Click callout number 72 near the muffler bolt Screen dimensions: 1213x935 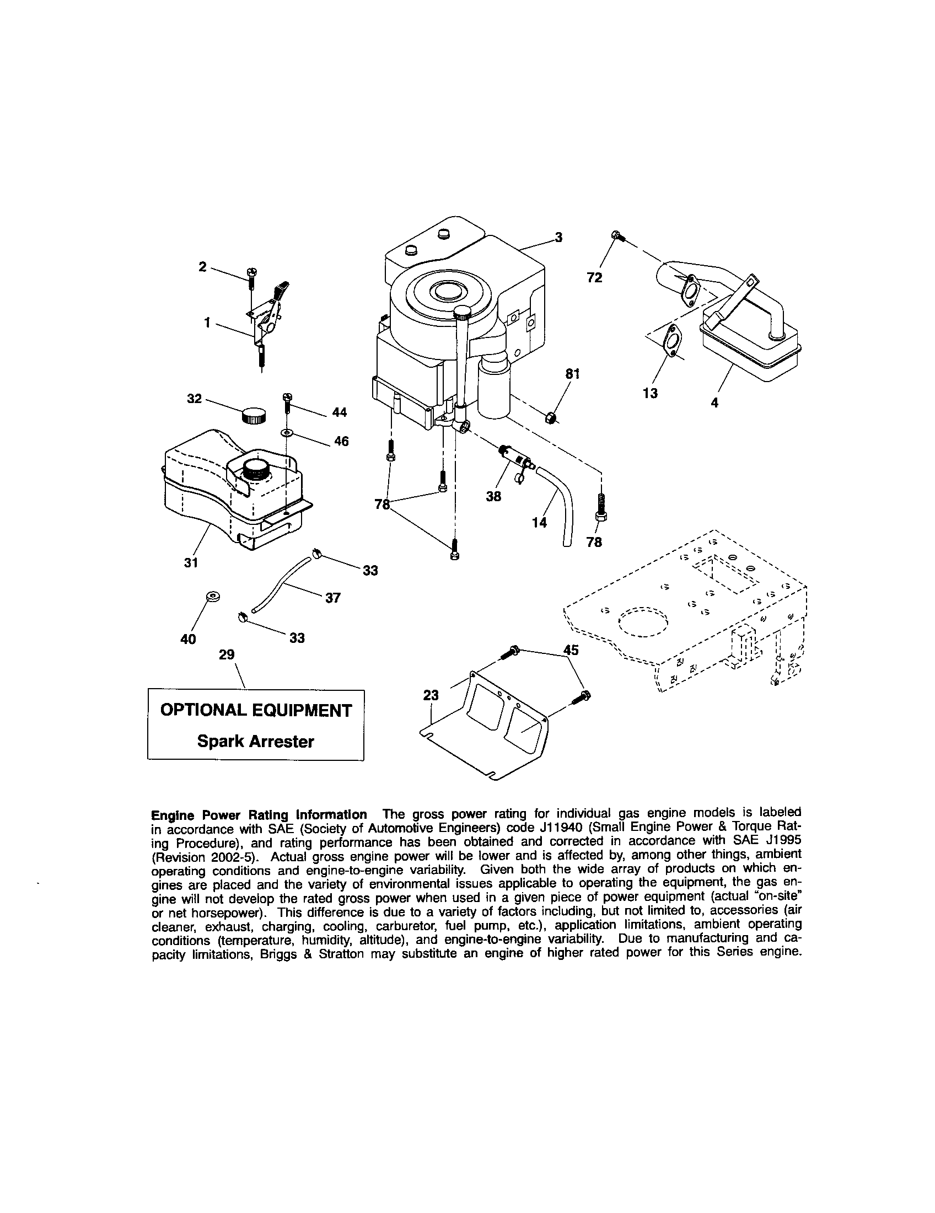(594, 277)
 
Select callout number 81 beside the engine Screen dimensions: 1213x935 (572, 374)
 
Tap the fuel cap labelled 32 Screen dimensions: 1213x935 (254, 415)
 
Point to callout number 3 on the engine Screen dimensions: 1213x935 (558, 238)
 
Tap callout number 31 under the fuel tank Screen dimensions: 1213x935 (191, 562)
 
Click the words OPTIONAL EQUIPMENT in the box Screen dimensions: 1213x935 (256, 710)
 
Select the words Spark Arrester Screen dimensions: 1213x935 (256, 742)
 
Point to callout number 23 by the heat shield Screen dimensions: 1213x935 (431, 695)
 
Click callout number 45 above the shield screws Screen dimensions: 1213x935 (571, 650)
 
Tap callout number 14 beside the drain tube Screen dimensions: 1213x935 (539, 522)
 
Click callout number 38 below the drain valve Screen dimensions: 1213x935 (493, 496)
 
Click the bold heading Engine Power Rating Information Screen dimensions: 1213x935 (259, 814)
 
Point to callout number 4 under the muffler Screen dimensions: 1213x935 (714, 402)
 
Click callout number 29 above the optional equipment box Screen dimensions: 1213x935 (227, 655)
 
